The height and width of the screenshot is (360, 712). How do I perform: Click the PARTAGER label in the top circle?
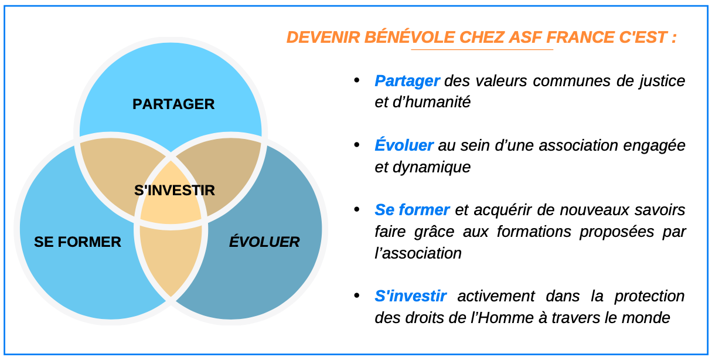click(173, 104)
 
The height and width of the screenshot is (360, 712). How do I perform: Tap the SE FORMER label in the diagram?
click(77, 242)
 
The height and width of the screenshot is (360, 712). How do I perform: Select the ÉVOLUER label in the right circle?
click(264, 242)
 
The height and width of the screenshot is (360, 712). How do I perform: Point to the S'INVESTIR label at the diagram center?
click(175, 190)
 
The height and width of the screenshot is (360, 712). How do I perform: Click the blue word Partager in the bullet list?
click(407, 81)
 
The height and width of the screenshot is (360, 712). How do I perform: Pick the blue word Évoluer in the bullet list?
click(404, 145)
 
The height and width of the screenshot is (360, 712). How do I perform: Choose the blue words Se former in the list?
click(412, 210)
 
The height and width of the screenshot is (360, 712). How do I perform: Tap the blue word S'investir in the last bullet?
click(410, 296)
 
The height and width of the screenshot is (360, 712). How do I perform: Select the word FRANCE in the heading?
click(580, 37)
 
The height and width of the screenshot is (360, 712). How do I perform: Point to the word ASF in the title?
click(526, 37)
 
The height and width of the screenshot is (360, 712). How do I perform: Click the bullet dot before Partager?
click(357, 80)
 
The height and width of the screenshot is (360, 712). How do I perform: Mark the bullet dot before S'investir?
click(357, 296)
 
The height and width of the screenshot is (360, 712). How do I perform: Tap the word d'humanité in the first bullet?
click(432, 102)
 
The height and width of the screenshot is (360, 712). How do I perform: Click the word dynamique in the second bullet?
click(432, 168)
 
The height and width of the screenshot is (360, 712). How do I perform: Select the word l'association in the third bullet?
click(418, 253)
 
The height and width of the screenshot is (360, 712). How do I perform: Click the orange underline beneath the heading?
click(482, 50)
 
